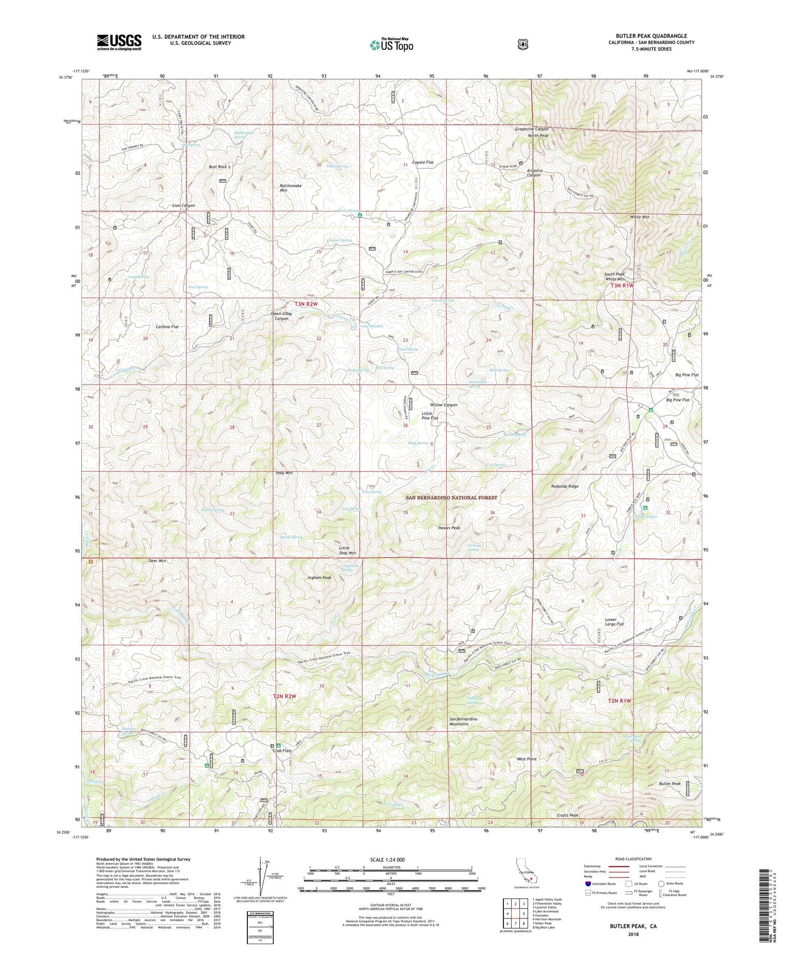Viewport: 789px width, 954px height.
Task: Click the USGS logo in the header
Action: coord(119,42)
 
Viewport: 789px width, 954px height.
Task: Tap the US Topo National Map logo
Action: coord(391,45)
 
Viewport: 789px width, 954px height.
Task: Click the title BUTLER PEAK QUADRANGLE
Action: coord(651,36)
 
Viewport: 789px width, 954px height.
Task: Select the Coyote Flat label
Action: coord(423,162)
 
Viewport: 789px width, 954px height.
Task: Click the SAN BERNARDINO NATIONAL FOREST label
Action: coord(452,498)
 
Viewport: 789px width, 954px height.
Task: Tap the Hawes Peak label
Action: coord(449,528)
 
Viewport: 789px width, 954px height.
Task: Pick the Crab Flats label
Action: coord(282,751)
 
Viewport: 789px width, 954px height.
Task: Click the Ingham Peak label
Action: coord(319,578)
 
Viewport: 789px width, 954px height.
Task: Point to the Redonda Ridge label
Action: coord(565,486)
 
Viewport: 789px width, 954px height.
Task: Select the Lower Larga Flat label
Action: coord(614,622)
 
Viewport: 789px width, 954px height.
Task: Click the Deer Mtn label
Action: coord(157,561)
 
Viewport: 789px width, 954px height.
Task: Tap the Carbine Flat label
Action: coord(167,327)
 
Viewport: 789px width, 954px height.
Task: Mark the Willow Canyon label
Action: coord(443,405)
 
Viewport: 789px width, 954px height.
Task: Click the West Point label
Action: coord(526,759)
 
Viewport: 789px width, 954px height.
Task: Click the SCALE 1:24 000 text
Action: coord(387,859)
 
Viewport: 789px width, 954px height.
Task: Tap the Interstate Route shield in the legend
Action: coord(588,883)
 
